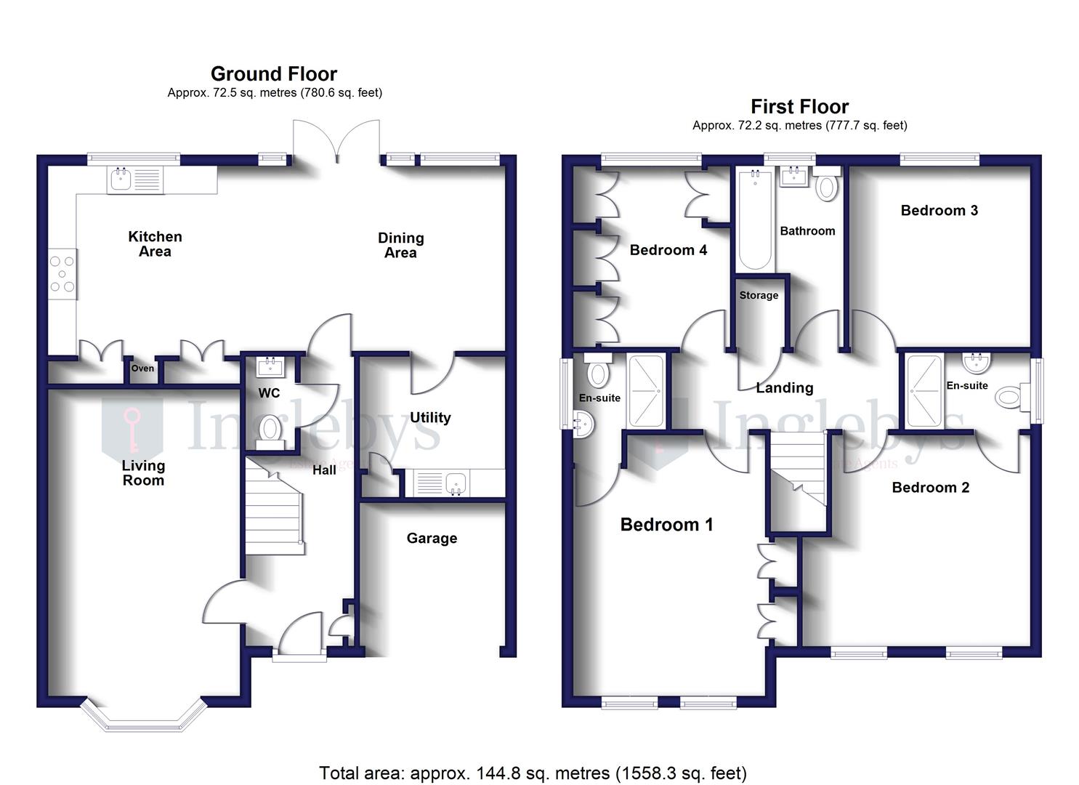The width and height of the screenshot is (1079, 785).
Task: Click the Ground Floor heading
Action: [x=273, y=74]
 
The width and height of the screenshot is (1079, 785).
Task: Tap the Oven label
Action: [x=142, y=369]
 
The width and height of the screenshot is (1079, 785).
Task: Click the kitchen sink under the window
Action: [x=136, y=180]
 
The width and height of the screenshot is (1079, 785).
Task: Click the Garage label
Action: [x=432, y=539]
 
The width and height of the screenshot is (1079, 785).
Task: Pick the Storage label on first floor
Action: [x=759, y=296]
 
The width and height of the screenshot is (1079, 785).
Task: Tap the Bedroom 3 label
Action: [x=939, y=211]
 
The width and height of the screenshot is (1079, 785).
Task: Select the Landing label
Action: [x=784, y=388]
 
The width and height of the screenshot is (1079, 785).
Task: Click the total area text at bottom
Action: [x=533, y=773]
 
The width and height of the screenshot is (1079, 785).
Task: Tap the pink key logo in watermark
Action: [x=132, y=429]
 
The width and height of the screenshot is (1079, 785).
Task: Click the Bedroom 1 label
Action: [x=666, y=525]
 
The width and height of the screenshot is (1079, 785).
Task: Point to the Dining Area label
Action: [x=400, y=246]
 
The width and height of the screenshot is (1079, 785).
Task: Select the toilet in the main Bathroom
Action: [x=826, y=186]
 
